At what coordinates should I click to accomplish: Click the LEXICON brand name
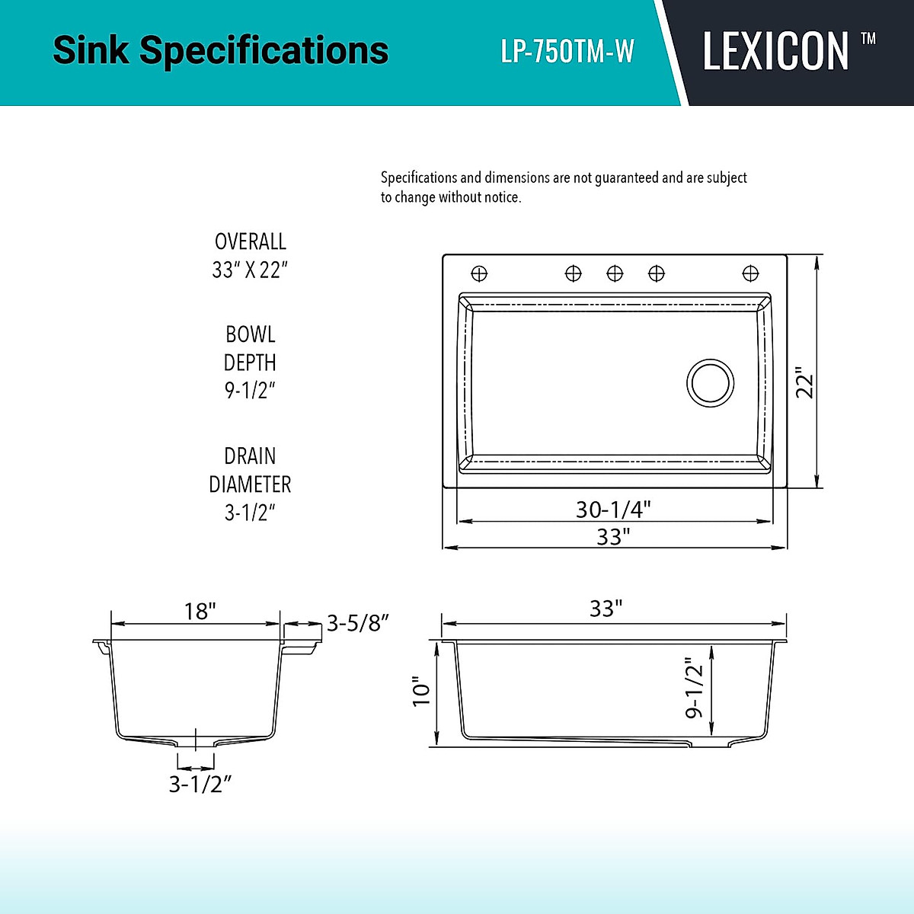775,52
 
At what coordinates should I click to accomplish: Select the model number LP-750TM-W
567,52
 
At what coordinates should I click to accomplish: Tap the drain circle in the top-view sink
711,382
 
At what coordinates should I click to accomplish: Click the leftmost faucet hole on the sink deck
479,273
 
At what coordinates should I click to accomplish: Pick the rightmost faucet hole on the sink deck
750,273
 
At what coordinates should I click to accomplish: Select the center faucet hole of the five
615,273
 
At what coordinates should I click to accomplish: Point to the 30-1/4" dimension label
613,509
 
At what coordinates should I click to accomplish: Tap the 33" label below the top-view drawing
613,537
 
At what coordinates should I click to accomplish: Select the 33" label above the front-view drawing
606,609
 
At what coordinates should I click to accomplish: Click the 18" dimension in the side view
200,611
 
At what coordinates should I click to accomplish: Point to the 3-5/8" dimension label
358,623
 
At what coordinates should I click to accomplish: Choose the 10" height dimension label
421,692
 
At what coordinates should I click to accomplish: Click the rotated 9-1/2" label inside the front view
694,688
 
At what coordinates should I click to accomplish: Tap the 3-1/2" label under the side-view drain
200,784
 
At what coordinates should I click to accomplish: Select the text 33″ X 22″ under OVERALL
250,270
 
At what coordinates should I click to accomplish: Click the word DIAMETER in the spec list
250,484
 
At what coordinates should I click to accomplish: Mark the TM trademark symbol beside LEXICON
868,38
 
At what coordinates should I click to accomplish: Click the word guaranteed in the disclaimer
626,177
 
